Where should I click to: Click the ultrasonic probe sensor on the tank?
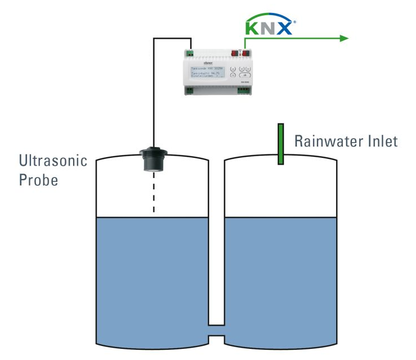point(153,158)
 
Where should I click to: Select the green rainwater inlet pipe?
point(280,144)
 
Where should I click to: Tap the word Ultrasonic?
point(53,162)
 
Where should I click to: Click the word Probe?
point(39,181)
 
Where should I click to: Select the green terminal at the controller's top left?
point(190,54)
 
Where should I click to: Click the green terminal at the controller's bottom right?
point(244,90)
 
